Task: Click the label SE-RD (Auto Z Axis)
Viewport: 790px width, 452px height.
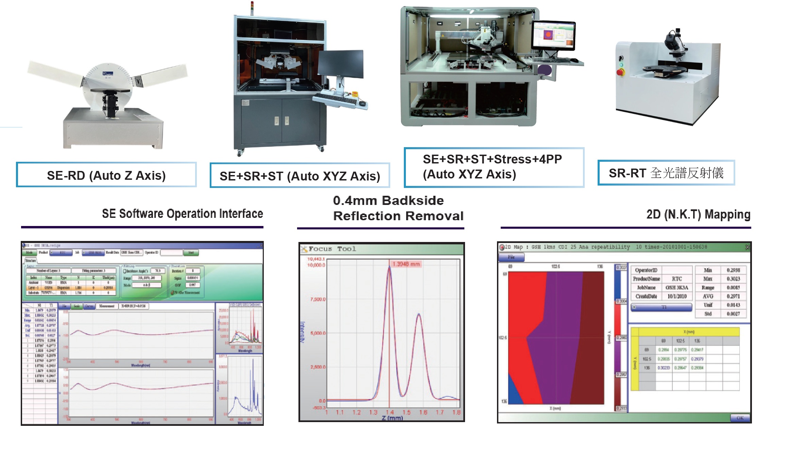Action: (106, 175)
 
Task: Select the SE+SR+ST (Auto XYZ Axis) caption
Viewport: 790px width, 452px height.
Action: (299, 176)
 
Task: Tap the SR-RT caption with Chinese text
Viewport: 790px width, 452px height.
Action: (666, 173)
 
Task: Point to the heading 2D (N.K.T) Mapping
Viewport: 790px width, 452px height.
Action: (698, 214)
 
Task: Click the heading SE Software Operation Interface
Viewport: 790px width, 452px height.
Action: (182, 214)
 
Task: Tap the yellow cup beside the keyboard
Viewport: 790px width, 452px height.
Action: (355, 94)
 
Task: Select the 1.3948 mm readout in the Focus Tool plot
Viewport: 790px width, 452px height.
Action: (406, 264)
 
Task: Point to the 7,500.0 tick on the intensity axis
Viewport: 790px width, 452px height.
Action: (317, 299)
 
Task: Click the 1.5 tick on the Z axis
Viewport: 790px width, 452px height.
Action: (407, 412)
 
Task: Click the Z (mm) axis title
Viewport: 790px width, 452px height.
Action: (392, 418)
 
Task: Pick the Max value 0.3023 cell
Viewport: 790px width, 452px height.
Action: (733, 279)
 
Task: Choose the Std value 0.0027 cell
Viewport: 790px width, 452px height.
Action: (733, 314)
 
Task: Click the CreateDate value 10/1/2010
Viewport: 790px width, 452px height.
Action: (677, 296)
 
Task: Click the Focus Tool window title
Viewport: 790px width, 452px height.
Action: (332, 249)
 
